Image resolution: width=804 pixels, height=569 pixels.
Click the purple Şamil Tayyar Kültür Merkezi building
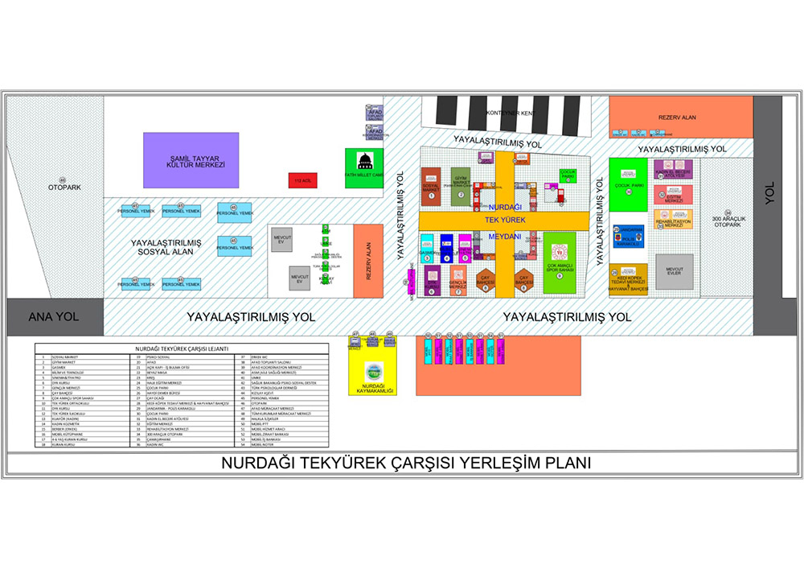(191, 161)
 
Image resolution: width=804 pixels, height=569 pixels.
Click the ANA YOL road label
(55, 317)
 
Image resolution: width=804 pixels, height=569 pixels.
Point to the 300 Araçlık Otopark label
(727, 221)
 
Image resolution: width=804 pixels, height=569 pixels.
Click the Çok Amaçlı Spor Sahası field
(560, 262)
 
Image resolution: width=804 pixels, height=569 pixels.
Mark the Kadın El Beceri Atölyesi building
(673, 170)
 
